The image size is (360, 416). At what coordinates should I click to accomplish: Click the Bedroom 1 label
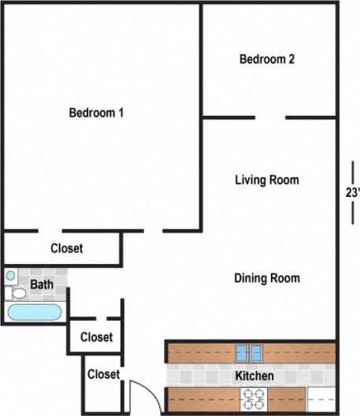coord(97,113)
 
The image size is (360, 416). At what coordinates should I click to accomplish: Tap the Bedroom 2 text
coord(267,59)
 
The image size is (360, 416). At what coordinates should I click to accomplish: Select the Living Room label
coord(267,180)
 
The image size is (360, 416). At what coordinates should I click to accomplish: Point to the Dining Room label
coord(267,278)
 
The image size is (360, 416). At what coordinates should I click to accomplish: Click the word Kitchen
coord(254,376)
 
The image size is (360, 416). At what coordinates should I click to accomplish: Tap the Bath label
coord(41,284)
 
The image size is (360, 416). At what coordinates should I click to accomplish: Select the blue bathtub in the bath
coord(34,312)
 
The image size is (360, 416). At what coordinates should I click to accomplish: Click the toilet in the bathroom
coord(17,293)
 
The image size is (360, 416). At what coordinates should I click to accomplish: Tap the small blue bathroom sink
coord(11,276)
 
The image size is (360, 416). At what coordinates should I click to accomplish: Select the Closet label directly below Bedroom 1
coord(66,248)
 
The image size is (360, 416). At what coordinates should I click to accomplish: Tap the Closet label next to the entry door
coord(103,374)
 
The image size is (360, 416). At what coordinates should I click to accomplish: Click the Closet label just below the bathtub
coord(96,337)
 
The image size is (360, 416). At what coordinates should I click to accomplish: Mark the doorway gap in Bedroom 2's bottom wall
coord(270,118)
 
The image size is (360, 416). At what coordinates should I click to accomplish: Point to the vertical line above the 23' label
coord(352,172)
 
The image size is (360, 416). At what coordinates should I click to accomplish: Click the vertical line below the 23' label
coord(352,214)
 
